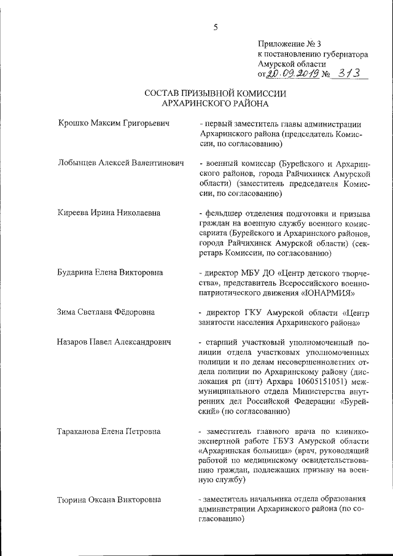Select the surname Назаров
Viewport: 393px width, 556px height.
tap(75, 342)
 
